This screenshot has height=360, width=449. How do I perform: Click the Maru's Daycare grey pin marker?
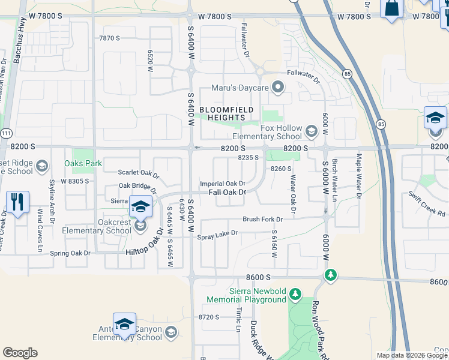(x=277, y=88)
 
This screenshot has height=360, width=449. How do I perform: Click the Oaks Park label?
(x=83, y=163)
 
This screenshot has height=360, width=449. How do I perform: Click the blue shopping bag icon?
(x=391, y=9)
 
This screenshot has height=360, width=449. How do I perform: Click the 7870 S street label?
(x=110, y=38)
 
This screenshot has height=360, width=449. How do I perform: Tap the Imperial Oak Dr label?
(x=223, y=184)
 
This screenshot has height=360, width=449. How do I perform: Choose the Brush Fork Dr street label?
(x=262, y=219)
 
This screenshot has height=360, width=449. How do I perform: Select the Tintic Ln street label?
(x=238, y=319)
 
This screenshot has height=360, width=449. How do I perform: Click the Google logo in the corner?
(x=20, y=353)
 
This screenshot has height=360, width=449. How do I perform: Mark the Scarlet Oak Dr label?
(x=138, y=174)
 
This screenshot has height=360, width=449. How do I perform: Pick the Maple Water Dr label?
(x=358, y=176)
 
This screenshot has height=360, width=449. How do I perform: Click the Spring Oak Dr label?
(x=70, y=253)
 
